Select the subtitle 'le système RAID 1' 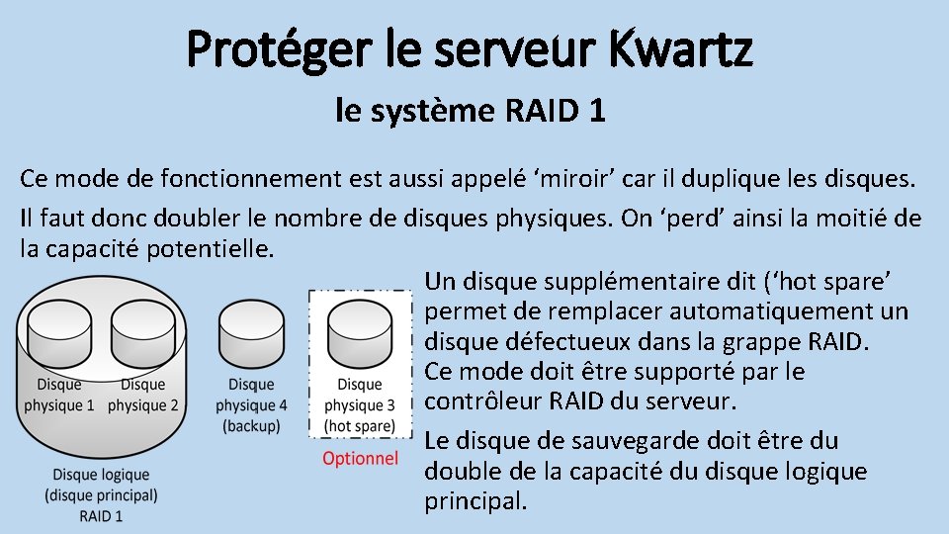[x=470, y=111]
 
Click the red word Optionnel [x=361, y=458]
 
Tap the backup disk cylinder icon [x=251, y=331]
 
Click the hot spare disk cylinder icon [x=360, y=331]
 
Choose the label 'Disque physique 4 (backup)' [x=251, y=405]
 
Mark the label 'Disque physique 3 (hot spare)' [x=360, y=405]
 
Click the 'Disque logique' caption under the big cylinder [x=101, y=476]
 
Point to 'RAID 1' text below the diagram [x=101, y=515]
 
